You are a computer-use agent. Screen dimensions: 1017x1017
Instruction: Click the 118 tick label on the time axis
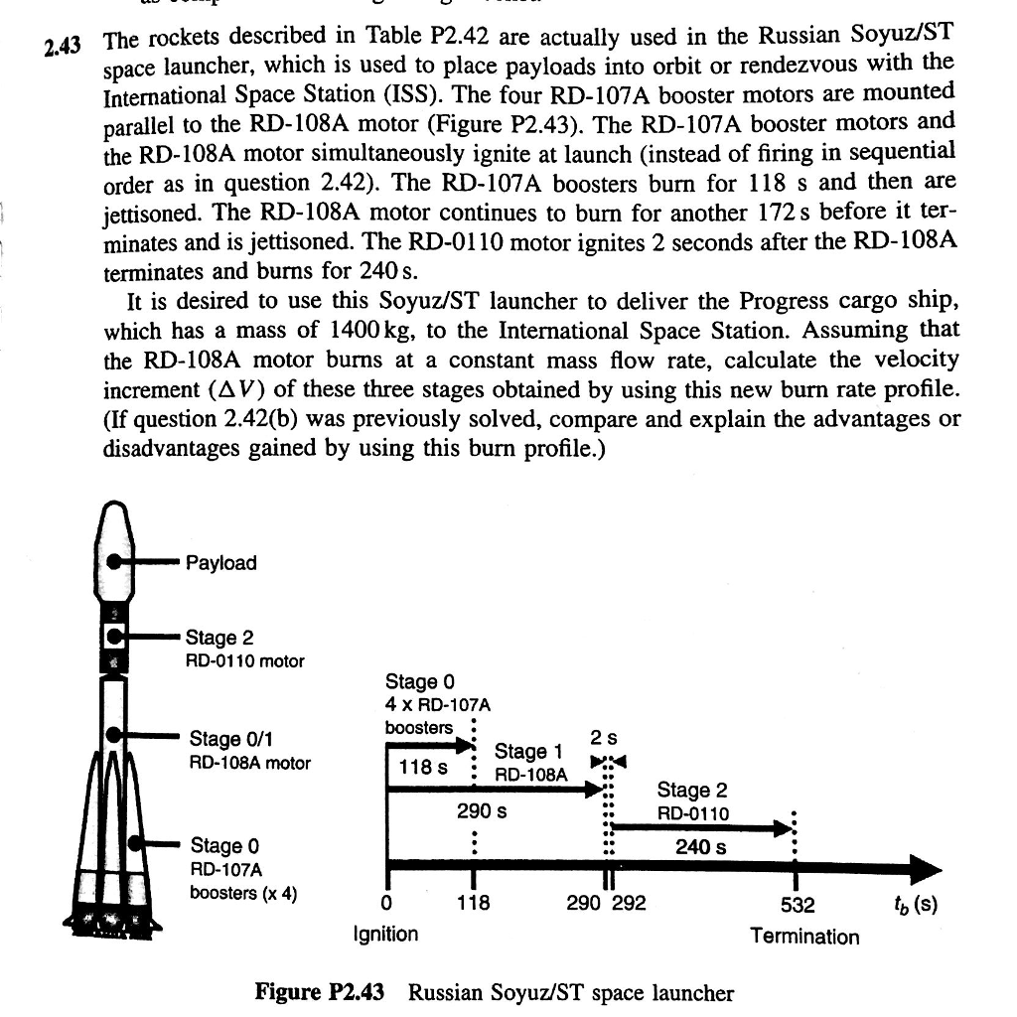[474, 905]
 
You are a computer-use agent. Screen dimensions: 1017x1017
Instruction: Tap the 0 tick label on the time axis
[386, 905]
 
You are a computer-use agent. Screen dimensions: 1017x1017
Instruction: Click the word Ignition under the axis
[385, 935]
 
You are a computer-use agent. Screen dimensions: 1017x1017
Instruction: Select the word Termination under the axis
[804, 937]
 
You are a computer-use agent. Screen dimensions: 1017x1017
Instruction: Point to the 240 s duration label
[700, 847]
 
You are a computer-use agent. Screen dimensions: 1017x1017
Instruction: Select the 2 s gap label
[602, 739]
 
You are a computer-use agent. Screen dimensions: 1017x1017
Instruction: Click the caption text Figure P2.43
[319, 992]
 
